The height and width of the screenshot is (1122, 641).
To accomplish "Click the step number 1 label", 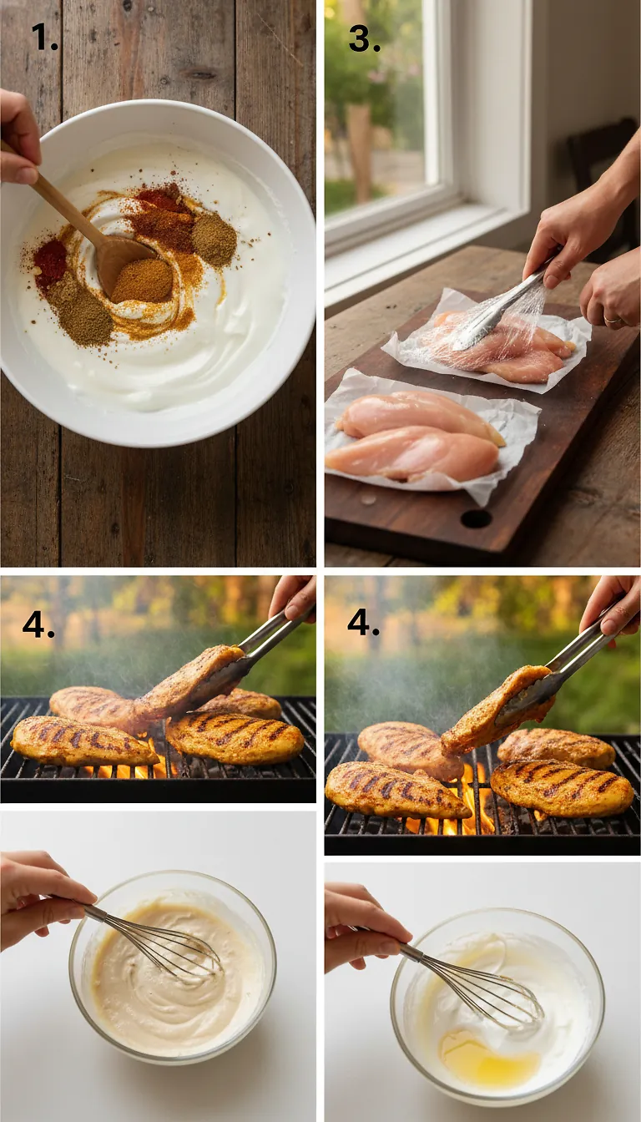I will point(44,37).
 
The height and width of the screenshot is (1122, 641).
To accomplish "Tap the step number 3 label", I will point(364,38).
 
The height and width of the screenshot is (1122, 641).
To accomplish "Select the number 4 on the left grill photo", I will point(38,624).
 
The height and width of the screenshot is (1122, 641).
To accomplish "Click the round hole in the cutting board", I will point(476,518).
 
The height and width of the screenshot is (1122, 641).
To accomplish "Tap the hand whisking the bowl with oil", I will point(363,927).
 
